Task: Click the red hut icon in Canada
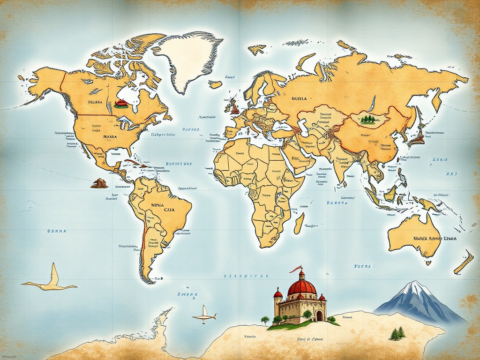(121, 104)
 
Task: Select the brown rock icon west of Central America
(99, 183)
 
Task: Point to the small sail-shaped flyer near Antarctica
(204, 315)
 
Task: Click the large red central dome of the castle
(301, 286)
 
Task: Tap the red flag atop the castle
(295, 269)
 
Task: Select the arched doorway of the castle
(319, 315)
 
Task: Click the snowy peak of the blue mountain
(413, 287)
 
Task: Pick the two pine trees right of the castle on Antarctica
(397, 333)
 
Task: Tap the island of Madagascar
(299, 223)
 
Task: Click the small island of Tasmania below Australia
(428, 263)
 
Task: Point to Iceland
(215, 84)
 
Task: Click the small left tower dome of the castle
(278, 294)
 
